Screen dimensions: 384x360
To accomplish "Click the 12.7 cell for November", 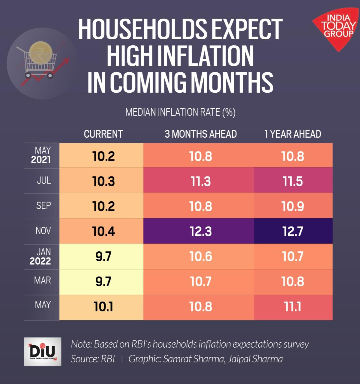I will click(x=293, y=231).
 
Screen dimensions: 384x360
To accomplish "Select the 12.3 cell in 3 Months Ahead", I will click(x=200, y=231).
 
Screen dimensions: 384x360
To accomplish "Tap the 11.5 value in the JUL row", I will click(x=293, y=181).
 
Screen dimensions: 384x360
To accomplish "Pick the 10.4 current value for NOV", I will click(x=103, y=231).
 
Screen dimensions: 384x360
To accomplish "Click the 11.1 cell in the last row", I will click(x=293, y=307).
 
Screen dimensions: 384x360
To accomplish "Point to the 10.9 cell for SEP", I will click(x=293, y=206).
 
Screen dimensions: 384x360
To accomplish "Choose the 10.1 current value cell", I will click(x=103, y=307).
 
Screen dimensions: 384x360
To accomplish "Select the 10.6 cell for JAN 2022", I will click(x=200, y=256).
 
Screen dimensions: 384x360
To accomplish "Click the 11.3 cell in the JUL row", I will click(x=200, y=181).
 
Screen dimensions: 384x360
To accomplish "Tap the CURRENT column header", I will click(x=103, y=134).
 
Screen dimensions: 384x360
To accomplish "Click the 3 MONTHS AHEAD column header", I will click(x=200, y=134).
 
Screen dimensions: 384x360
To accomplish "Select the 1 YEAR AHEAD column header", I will click(x=292, y=134).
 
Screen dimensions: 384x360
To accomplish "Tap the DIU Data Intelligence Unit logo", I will click(x=43, y=352).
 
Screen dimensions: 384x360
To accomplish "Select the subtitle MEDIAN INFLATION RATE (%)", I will click(x=180, y=112).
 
